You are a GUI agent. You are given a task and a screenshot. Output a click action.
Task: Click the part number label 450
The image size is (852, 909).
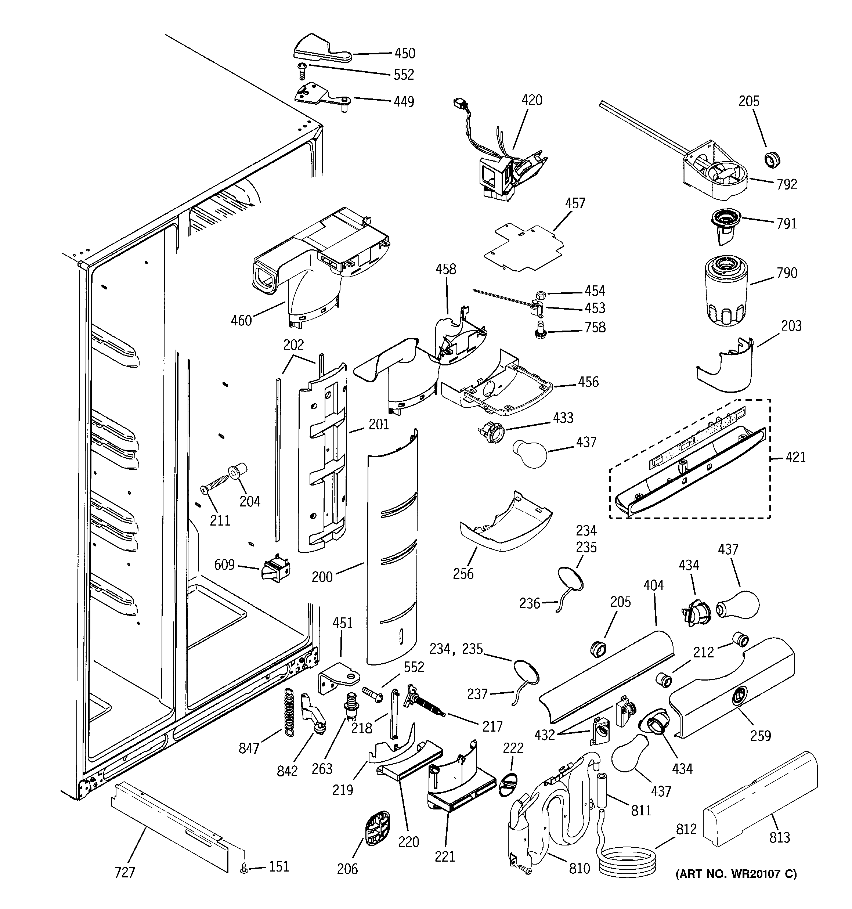pos(405,54)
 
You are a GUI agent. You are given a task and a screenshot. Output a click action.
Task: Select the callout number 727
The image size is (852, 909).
pos(125,872)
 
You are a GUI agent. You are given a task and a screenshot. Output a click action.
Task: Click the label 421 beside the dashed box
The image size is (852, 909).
pos(795,457)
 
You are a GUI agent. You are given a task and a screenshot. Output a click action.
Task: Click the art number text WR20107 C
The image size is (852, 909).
pos(736,874)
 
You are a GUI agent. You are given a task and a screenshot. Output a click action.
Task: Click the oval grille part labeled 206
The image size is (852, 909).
pos(378,830)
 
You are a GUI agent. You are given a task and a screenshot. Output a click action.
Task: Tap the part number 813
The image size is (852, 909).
pos(779,837)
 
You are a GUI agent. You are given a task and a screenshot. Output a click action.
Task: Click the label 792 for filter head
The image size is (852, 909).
pos(787,184)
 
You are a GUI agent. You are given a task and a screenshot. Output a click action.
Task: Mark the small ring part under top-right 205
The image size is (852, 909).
pos(772,160)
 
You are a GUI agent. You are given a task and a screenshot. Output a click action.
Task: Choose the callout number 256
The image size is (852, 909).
pos(463,574)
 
